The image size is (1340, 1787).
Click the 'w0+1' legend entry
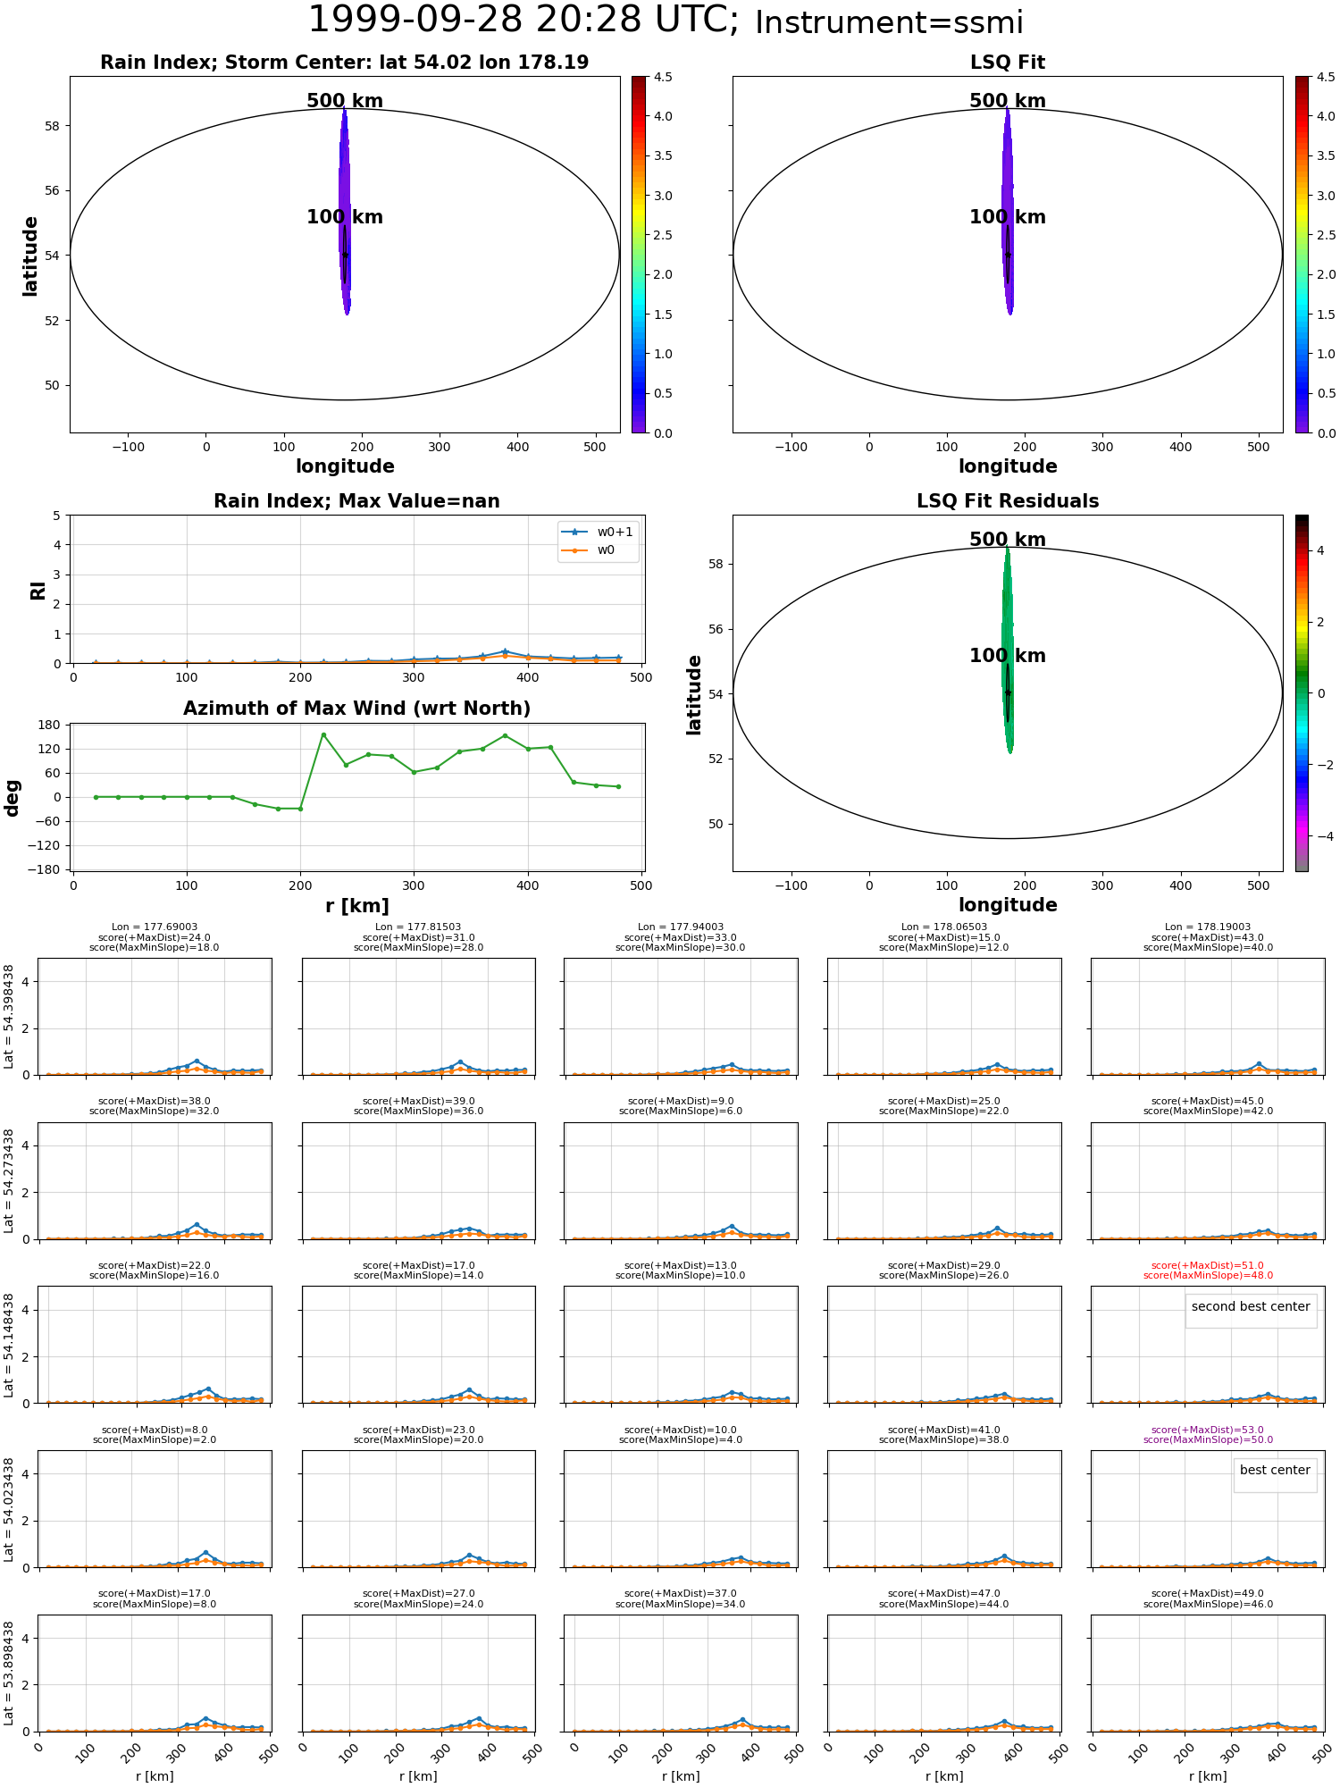point(597,532)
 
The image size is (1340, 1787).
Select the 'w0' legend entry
point(589,550)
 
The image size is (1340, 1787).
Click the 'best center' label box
point(1275,1471)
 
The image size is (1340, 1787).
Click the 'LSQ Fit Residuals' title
point(1008,501)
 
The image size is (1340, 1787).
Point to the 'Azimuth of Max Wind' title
point(356,709)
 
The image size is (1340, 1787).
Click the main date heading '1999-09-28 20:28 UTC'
point(523,20)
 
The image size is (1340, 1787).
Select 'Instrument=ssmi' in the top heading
point(889,23)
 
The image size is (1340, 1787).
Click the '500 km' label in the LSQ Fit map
point(1008,101)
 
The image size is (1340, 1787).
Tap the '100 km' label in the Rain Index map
point(345,217)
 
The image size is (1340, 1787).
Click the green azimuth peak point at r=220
point(323,734)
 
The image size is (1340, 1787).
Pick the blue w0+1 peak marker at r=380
point(505,651)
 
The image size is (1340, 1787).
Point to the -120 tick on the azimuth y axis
point(45,845)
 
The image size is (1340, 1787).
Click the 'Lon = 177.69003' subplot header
point(155,927)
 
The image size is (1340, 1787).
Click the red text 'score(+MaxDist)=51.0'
point(1208,1265)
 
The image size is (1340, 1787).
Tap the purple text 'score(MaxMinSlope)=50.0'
point(1208,1439)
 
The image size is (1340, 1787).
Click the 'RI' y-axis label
point(38,590)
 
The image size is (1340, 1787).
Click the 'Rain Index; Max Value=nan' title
point(356,501)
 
